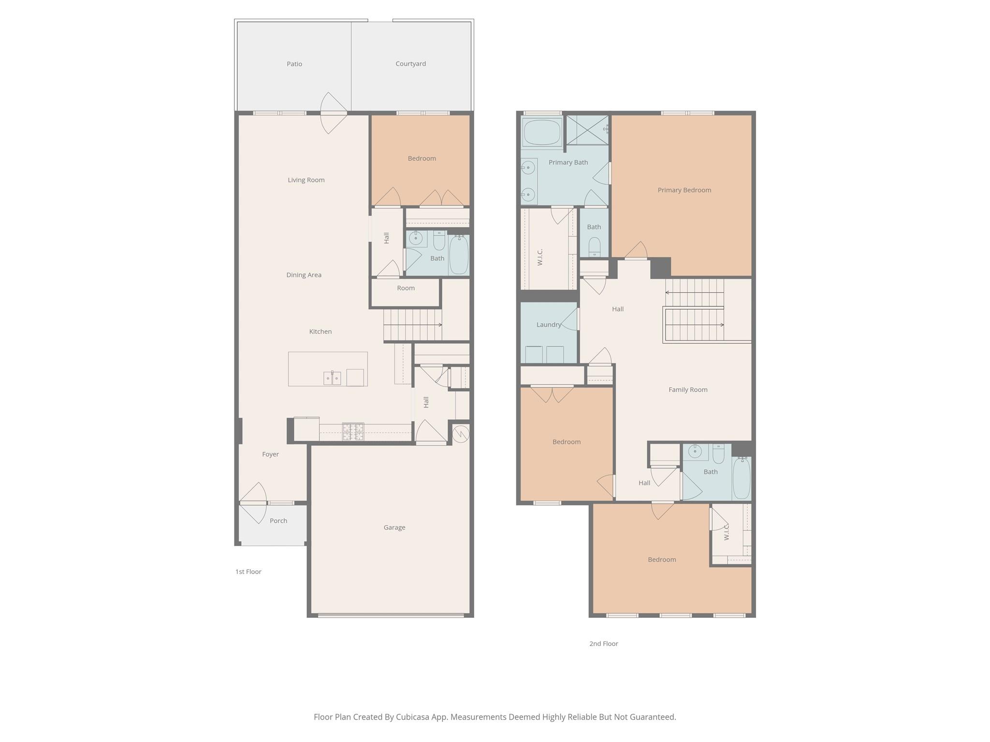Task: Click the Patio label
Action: (x=294, y=64)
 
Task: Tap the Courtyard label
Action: (x=410, y=64)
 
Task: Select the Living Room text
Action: (x=306, y=180)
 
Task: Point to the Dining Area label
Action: (x=304, y=275)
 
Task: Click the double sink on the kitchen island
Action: (x=332, y=378)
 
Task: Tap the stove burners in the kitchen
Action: (x=353, y=431)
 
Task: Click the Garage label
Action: (x=394, y=528)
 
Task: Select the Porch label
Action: (x=278, y=521)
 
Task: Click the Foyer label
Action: (x=270, y=454)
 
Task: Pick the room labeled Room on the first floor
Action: (x=406, y=288)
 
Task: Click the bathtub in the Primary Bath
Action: (x=542, y=132)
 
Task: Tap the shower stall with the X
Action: (x=587, y=130)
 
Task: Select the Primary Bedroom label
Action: (x=684, y=190)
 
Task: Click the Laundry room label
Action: (x=548, y=325)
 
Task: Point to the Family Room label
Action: (x=687, y=389)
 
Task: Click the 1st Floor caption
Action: (x=248, y=571)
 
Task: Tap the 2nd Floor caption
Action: (x=603, y=643)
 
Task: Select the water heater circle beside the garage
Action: (x=461, y=434)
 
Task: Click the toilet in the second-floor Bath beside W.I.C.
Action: (x=594, y=247)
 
